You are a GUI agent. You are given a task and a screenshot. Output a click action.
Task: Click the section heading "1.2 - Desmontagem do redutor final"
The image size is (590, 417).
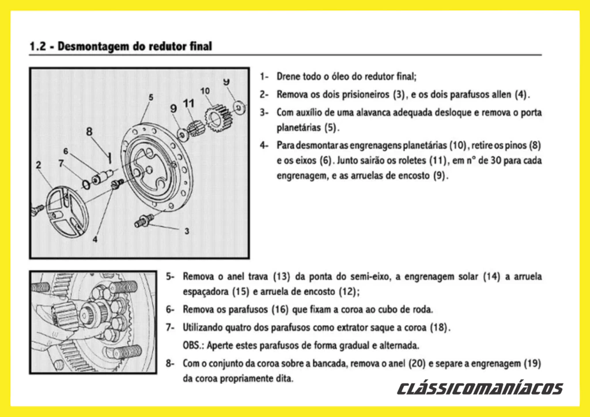point(120,46)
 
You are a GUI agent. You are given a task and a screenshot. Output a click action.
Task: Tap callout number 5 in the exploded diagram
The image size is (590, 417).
point(150,97)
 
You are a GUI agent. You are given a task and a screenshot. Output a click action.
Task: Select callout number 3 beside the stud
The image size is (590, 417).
point(187,231)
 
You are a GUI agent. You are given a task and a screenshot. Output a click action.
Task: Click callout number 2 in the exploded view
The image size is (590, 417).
point(38,166)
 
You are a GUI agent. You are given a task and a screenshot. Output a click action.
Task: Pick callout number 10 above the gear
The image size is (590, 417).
point(205,91)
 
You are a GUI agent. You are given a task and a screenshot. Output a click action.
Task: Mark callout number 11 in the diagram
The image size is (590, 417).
point(189,104)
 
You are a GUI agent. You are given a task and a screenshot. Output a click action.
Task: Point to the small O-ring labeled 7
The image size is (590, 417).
point(86,184)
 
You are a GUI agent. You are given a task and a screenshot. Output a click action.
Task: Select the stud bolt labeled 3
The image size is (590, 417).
point(144,220)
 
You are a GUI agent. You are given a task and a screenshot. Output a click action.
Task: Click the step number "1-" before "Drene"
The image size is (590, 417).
point(264,76)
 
